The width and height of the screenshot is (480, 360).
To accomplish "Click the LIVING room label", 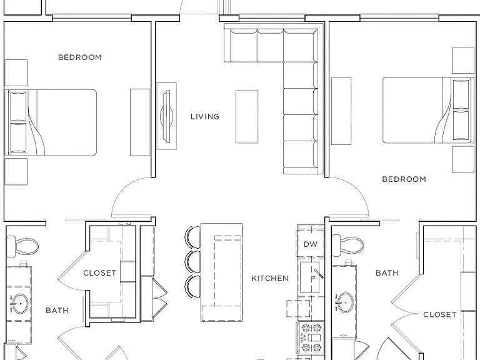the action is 205,117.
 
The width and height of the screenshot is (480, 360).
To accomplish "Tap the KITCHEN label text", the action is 270,278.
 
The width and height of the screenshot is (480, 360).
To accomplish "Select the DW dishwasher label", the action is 311,244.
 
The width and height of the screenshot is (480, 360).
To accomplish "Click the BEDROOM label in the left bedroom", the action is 79,57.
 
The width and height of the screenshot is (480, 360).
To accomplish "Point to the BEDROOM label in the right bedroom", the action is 404,179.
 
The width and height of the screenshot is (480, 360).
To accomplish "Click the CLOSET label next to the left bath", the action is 100,273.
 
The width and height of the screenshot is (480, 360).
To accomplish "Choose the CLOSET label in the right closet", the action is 439,315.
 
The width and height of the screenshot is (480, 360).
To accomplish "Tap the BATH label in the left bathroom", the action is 57,311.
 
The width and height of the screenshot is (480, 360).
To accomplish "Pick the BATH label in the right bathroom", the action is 387,272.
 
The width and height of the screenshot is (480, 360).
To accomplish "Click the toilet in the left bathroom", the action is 22,246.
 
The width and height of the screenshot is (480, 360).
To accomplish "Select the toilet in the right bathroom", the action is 348,246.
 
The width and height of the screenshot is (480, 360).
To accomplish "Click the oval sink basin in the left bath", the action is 20,304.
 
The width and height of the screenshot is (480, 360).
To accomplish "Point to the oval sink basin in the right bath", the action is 346,302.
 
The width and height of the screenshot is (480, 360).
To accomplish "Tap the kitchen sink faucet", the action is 318,273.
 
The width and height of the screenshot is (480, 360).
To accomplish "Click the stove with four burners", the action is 311,338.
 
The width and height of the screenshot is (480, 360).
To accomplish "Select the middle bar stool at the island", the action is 192,262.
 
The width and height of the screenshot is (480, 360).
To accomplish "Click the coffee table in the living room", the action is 247,117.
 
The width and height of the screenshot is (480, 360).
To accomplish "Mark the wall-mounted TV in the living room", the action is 167,116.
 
